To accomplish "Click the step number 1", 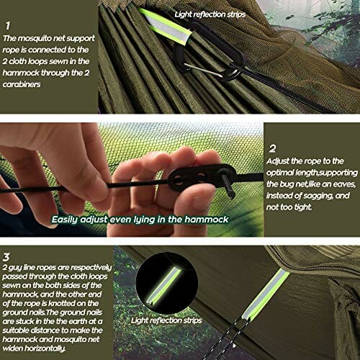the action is tap(8, 26).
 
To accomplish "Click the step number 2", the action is tap(272, 149).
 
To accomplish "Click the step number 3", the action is tap(6, 257).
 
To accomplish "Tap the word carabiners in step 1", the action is tap(22, 84).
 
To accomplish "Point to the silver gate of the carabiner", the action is tap(204, 70).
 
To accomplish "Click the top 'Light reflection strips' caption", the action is tap(210, 14).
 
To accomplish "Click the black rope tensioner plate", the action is tap(203, 177).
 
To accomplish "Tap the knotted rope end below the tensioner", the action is tap(229, 186).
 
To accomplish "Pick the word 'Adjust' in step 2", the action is tap(278, 161).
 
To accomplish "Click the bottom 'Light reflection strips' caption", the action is tap(166, 320).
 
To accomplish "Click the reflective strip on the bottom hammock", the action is tap(266, 294).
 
